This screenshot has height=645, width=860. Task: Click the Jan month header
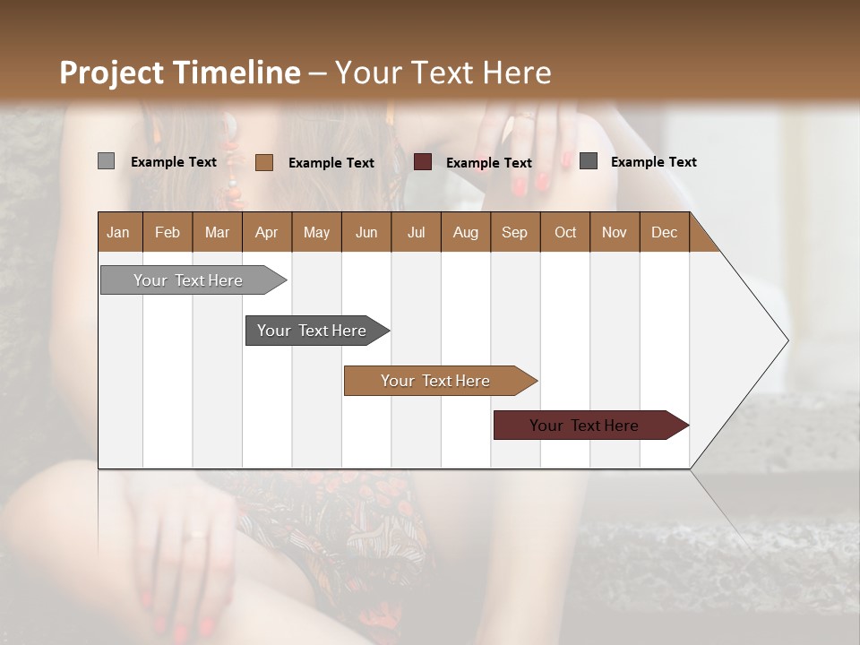(118, 232)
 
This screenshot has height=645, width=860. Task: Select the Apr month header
(266, 232)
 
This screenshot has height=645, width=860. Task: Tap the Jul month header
(416, 232)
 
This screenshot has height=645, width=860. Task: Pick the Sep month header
(514, 232)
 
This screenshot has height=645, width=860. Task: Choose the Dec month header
(664, 232)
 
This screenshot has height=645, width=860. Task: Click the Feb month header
(168, 232)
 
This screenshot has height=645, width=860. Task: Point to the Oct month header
(565, 232)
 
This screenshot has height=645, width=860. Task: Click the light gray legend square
(107, 161)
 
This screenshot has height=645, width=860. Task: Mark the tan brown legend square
(264, 162)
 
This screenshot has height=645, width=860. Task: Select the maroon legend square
(423, 162)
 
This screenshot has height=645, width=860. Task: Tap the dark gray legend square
(589, 161)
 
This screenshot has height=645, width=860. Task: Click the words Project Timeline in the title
(179, 73)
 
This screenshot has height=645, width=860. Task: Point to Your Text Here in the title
(443, 73)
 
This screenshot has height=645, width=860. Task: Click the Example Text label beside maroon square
(488, 163)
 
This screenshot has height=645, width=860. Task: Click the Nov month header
(615, 232)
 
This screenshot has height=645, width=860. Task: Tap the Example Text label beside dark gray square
(653, 162)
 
